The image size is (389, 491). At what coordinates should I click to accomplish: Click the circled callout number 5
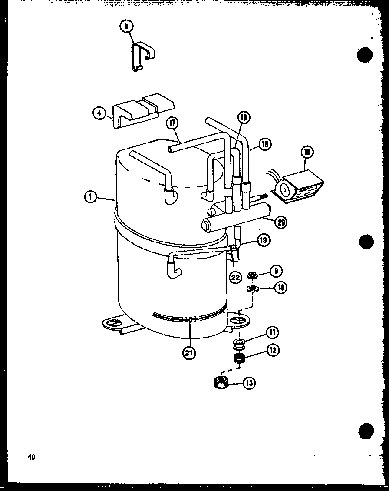click(126, 27)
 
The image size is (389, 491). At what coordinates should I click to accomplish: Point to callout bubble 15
click(244, 117)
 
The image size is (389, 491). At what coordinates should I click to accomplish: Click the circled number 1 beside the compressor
click(90, 198)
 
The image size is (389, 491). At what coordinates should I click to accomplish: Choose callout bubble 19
click(264, 240)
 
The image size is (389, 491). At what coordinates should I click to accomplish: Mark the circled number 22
click(236, 277)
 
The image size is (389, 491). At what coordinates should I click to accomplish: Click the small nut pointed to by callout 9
click(251, 275)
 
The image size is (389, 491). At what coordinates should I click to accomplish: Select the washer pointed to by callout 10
click(251, 289)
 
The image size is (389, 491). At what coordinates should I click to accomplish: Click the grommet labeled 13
click(222, 383)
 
